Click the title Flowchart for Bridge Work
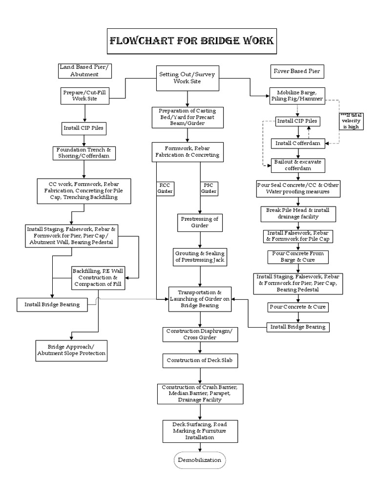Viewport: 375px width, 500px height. click(191, 40)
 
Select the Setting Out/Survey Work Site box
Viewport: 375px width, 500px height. click(187, 78)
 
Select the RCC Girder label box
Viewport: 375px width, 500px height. click(165, 188)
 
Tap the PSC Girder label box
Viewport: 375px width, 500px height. click(209, 188)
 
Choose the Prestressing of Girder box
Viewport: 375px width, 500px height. click(200, 222)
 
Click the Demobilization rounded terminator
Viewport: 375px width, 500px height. click(200, 460)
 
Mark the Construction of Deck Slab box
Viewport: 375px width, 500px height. click(200, 360)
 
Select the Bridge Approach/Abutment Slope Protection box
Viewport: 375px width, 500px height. click(71, 350)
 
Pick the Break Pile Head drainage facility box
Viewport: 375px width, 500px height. click(297, 213)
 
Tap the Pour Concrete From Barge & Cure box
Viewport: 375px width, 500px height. click(297, 257)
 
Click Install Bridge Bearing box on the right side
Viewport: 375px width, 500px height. click(298, 327)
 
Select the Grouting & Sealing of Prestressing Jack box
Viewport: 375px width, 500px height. click(200, 257)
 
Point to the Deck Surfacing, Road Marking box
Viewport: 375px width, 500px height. click(200, 431)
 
